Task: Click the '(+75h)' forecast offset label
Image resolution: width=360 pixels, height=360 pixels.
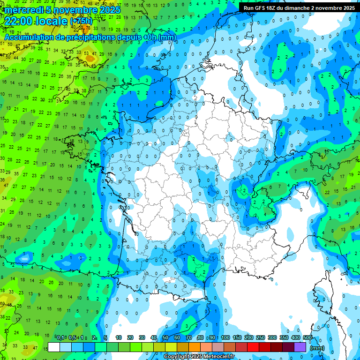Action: [x=81, y=21]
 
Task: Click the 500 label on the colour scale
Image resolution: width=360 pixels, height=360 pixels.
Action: [x=307, y=337]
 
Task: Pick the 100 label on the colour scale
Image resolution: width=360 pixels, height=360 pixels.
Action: [x=225, y=337]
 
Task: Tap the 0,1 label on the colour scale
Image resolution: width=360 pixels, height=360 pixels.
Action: [x=60, y=337]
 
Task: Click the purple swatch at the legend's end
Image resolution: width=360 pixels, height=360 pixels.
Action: [x=300, y=347]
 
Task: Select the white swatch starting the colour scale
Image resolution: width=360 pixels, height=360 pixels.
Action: [x=54, y=347]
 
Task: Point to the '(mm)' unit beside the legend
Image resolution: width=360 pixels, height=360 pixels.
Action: [x=318, y=348]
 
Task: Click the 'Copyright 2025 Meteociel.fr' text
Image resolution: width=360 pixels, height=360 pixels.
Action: [x=199, y=357]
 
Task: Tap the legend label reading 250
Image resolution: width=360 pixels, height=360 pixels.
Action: [x=261, y=337]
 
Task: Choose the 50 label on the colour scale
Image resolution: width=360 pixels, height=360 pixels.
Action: [x=165, y=337]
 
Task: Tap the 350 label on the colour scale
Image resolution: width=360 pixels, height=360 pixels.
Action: [x=284, y=337]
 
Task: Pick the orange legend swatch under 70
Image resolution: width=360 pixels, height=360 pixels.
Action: [x=183, y=347]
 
